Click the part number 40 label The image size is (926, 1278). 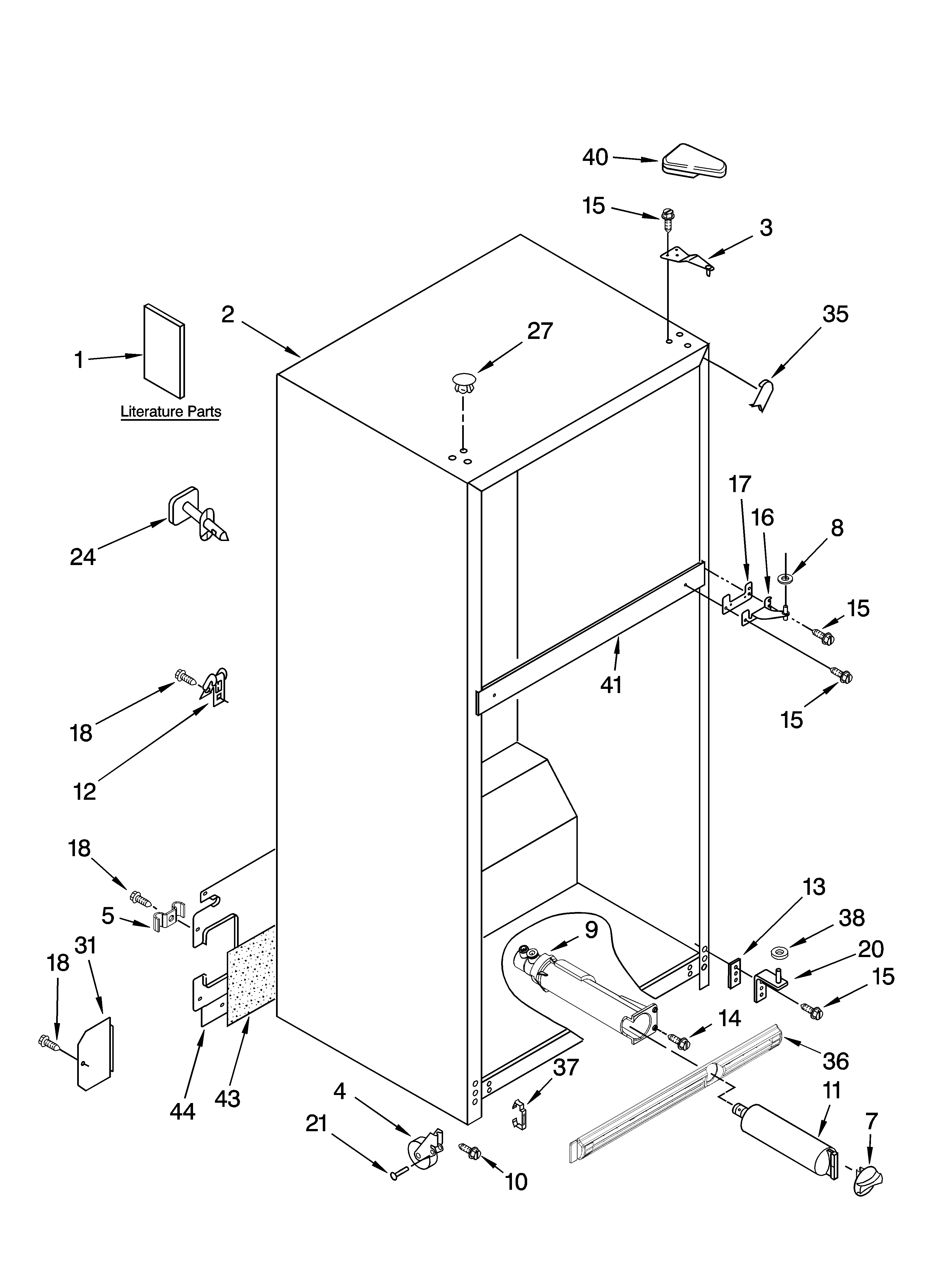595,157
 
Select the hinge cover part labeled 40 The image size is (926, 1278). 694,162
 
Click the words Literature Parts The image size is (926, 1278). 170,412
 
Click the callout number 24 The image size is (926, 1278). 83,557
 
